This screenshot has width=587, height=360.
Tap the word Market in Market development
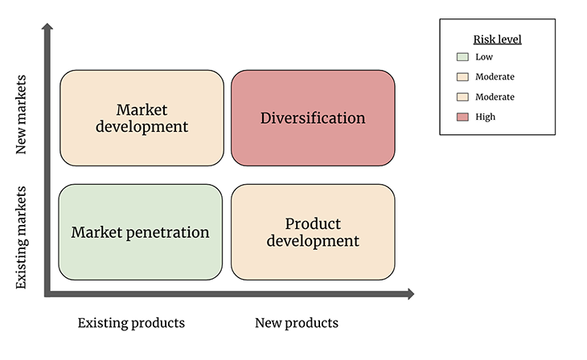tap(141, 109)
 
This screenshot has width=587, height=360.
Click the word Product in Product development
tap(313, 223)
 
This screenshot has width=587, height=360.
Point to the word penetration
tap(170, 232)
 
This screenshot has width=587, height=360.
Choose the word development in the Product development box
tap(313, 240)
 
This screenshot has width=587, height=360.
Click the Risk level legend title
tap(497, 39)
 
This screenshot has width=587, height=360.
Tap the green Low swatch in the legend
tap(462, 57)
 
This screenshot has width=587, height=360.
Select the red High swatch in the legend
tap(462, 117)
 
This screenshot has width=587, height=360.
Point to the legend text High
tap(486, 117)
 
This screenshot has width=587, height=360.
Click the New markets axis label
tap(22, 115)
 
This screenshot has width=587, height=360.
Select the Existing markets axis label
tap(22, 237)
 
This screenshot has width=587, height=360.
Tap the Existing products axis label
tap(131, 323)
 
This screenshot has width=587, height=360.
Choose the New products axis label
tap(297, 323)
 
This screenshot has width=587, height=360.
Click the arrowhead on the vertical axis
tap(47, 29)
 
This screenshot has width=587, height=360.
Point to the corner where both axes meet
tap(48, 294)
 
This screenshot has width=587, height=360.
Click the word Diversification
tap(313, 118)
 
